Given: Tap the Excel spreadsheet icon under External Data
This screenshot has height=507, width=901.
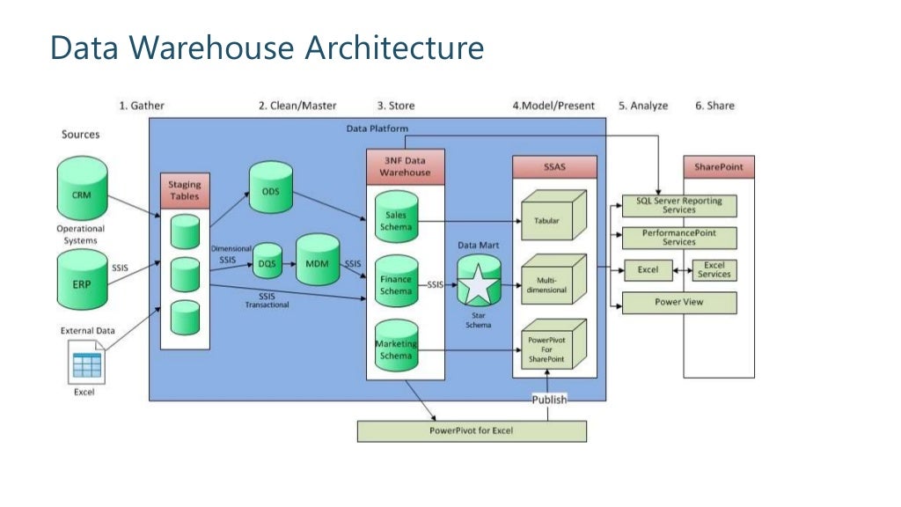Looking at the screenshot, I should [x=86, y=363].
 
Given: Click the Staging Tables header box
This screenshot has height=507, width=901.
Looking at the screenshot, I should [x=185, y=190].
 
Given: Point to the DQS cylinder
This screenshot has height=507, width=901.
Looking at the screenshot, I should [x=268, y=261].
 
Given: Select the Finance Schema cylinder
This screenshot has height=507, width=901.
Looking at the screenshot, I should [x=395, y=283].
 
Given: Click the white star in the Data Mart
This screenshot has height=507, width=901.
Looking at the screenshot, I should [x=479, y=285].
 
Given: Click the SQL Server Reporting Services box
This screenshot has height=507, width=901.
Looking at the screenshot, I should [x=678, y=206].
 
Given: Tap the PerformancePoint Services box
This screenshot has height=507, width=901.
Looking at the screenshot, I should [x=678, y=238].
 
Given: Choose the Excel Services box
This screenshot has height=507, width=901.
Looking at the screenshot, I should [x=714, y=270].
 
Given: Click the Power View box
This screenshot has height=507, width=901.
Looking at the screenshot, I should [x=678, y=303].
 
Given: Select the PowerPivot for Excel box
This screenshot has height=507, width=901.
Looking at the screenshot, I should [x=471, y=430].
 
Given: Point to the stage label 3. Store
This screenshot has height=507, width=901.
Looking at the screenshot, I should [x=395, y=106].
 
